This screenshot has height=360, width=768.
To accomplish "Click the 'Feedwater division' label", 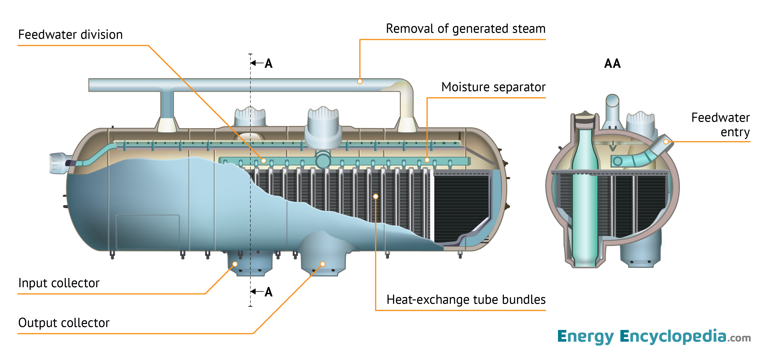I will pos(70,35).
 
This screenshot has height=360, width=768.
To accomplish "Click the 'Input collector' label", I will pos(59,283).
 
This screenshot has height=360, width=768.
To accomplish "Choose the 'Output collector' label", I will pos(64,323).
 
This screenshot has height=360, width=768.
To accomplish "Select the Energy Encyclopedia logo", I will pos(654,336).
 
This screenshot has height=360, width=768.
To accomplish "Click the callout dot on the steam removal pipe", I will pos(360,81).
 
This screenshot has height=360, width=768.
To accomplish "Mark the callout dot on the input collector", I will pos(235,264).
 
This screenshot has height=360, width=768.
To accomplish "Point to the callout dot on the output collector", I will pos(323,264).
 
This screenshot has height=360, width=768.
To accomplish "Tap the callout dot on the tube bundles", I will pos(376,196).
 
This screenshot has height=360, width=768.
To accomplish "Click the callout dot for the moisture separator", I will pos(427,160).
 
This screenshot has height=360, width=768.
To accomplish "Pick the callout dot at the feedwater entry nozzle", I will pos(666,142).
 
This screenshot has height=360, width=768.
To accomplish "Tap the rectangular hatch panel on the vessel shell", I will pos(148,232).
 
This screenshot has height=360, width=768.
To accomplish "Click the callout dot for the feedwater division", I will pos(264,161).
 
